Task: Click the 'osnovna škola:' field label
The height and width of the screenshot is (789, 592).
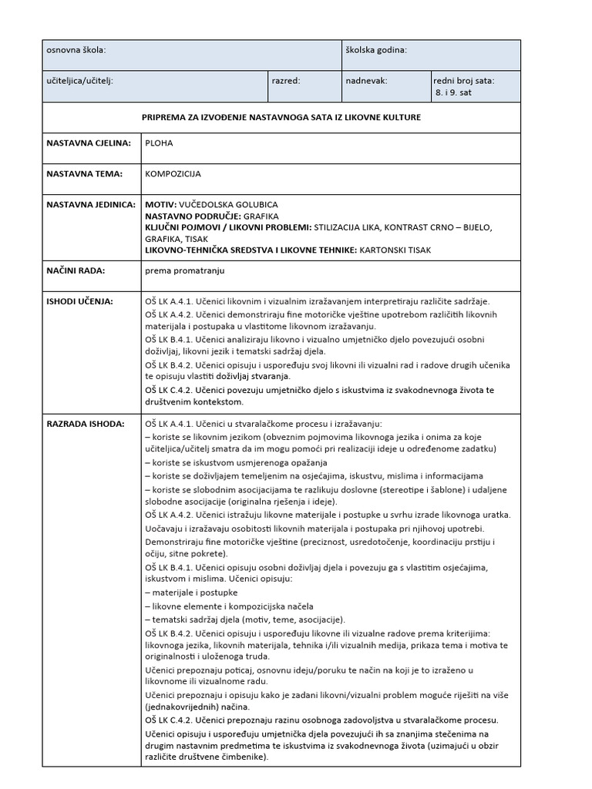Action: pos(76,50)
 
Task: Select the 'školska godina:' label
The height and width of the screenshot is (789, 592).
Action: pos(376,50)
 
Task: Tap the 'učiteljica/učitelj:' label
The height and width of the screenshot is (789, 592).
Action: pos(80,80)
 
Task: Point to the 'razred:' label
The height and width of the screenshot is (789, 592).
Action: pos(286,80)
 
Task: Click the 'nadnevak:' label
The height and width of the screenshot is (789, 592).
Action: pos(367,80)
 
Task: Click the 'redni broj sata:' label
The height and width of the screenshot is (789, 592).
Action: pos(464,80)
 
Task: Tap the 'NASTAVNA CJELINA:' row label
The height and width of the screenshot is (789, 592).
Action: pos(89,143)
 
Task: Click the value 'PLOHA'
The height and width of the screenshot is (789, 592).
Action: pos(157,143)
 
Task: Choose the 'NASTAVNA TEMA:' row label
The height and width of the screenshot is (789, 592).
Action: pos(85,174)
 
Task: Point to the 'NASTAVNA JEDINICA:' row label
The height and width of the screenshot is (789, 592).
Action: pos(91,205)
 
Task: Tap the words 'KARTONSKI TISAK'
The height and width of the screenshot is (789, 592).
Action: pos(395,250)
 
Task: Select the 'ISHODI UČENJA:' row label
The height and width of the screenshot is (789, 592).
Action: pos(80,301)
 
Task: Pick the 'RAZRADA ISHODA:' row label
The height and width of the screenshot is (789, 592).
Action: pos(84,424)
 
